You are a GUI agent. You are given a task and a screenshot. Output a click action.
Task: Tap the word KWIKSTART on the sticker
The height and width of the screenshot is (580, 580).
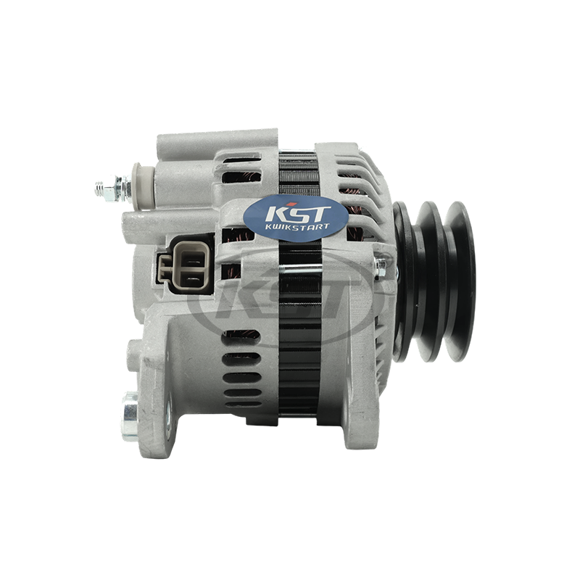[x=297, y=226]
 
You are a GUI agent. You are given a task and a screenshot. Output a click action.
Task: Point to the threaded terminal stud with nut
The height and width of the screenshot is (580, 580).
[x=112, y=189]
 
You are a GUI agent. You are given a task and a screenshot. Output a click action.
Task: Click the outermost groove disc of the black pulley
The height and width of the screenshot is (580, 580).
[x=460, y=281]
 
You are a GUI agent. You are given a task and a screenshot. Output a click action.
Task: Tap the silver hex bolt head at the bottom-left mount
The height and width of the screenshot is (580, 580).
[x=130, y=416]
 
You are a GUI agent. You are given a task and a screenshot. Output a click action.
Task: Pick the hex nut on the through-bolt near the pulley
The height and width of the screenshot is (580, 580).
[x=380, y=267]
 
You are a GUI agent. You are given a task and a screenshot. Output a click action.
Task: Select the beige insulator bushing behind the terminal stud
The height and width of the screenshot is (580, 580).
[x=144, y=186]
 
